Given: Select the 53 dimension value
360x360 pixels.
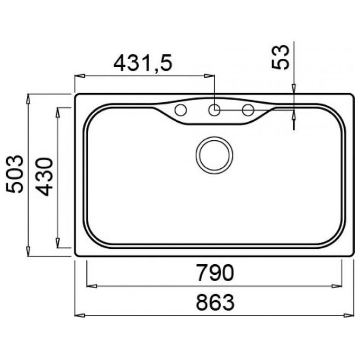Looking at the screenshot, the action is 280,57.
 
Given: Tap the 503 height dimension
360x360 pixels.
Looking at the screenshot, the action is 15,174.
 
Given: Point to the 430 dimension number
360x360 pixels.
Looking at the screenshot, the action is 44,177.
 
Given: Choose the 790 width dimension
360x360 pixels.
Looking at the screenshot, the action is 215,273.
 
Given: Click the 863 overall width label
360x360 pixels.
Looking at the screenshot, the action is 215,302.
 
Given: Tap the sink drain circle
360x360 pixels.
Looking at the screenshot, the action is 214,155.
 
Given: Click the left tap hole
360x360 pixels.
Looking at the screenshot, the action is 181,110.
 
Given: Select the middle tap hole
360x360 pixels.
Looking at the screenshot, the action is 214,110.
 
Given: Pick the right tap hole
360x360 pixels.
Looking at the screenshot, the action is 248,110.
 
